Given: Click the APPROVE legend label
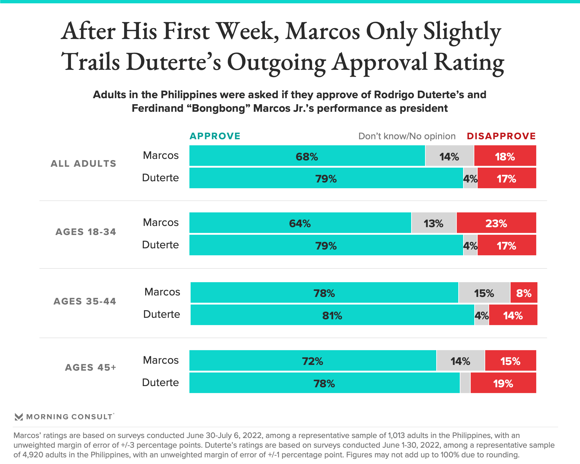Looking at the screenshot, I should tap(215, 136).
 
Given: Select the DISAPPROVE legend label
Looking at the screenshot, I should tap(501, 136).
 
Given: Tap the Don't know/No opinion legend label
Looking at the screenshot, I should tap(407, 136).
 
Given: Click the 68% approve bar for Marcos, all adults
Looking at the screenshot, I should tap(307, 156).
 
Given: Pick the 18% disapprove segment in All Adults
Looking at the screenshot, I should tap(505, 156).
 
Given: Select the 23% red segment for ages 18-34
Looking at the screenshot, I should tap(496, 223).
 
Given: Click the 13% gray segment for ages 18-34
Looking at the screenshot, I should tap(433, 223).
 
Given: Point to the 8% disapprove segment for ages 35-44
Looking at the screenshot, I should tap(524, 293).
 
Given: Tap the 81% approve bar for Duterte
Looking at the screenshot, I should tap(332, 315).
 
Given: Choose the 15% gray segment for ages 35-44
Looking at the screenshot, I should tap(484, 293).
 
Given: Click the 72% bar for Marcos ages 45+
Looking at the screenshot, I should tap(312, 361).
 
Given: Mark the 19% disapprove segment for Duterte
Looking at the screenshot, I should tap(503, 383).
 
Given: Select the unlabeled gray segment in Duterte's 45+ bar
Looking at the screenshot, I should tap(465, 383).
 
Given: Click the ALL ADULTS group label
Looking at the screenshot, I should tap(83, 163).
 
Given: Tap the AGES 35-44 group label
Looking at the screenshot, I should tap(85, 301).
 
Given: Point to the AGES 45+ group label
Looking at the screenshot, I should tap(91, 367).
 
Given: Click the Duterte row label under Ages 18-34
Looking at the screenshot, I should tap(160, 245).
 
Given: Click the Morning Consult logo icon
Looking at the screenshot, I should tap(19, 417).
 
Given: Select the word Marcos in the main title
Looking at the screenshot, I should tap(323, 31).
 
